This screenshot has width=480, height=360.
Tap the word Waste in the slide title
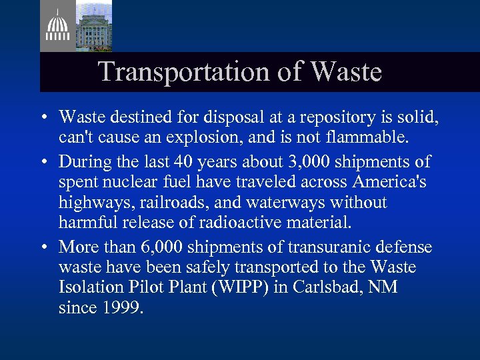(347, 72)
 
